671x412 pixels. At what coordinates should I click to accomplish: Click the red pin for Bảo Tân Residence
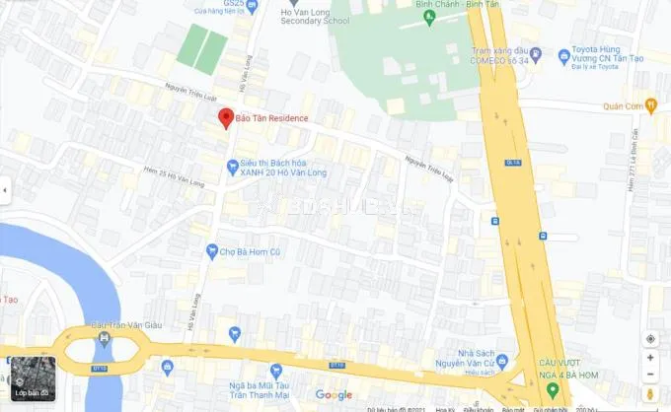[226, 117]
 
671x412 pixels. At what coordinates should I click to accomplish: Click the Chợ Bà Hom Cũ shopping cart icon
[212, 251]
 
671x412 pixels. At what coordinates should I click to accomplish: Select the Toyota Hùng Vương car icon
[563, 55]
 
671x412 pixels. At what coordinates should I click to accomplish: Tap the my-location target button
[650, 338]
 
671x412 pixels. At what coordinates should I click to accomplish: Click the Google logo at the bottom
[334, 395]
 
